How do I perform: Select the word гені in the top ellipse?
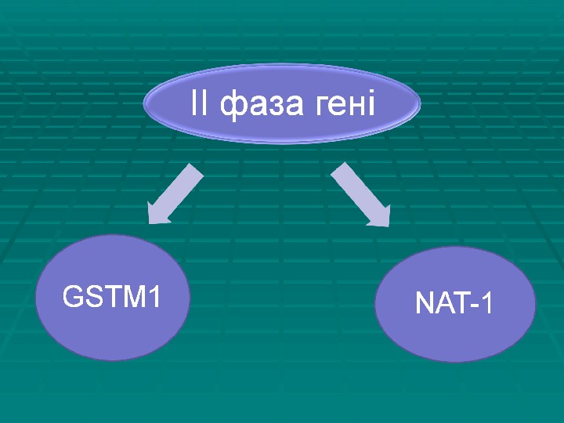click(345, 103)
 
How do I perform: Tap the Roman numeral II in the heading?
click(200, 103)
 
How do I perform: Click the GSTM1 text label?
click(111, 298)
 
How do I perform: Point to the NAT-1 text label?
click(454, 304)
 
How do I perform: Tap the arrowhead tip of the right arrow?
click(388, 225)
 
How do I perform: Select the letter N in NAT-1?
click(424, 304)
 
